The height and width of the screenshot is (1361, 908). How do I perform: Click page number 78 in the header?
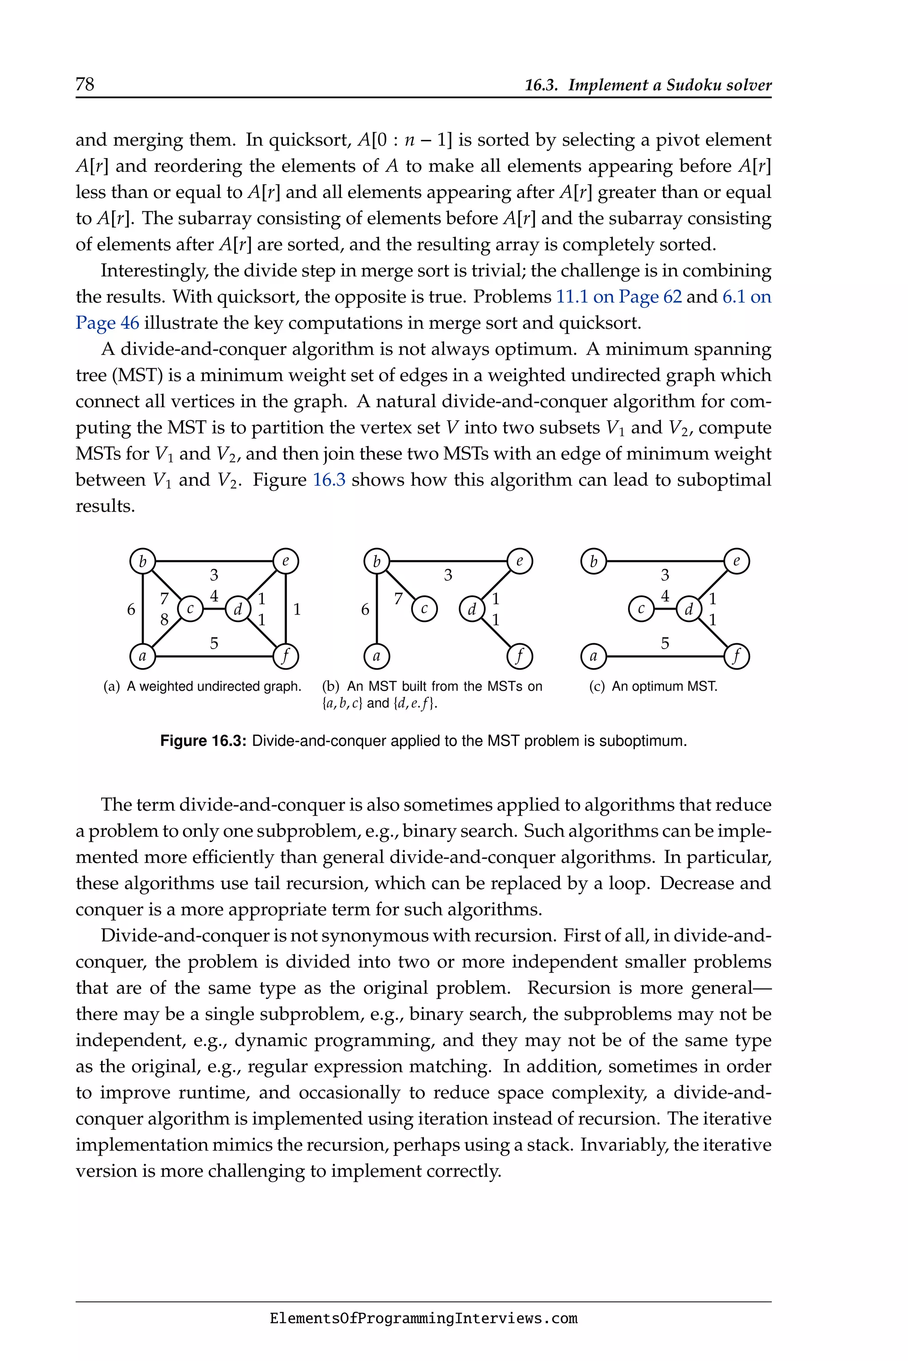coord(85,85)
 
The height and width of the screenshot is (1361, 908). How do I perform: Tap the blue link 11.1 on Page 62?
coord(618,297)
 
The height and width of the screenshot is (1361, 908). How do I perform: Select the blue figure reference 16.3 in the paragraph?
coord(329,480)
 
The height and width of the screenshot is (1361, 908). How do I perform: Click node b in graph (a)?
coord(142,561)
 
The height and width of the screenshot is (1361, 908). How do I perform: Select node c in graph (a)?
coord(190,609)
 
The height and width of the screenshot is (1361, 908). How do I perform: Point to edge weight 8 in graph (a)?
coord(164,620)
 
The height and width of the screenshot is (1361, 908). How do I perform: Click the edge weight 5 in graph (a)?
coord(214,643)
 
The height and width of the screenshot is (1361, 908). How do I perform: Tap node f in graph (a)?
coord(286,656)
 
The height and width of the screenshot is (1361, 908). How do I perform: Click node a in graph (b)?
coord(376,656)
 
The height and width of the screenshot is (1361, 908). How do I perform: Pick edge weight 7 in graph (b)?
coord(399,599)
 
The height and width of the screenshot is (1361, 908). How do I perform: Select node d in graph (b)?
coord(472,609)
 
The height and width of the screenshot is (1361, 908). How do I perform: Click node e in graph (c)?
coord(736,561)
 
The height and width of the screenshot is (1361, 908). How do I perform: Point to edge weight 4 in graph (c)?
coord(665,596)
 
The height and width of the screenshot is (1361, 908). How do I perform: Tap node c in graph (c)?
coord(641,609)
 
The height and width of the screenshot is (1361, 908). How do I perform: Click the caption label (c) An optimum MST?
coord(653,686)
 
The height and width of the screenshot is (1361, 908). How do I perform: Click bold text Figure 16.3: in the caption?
coord(203,741)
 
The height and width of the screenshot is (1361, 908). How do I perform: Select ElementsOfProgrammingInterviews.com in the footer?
coord(423,1319)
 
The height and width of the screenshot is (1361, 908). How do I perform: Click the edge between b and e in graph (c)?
coord(665,561)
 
